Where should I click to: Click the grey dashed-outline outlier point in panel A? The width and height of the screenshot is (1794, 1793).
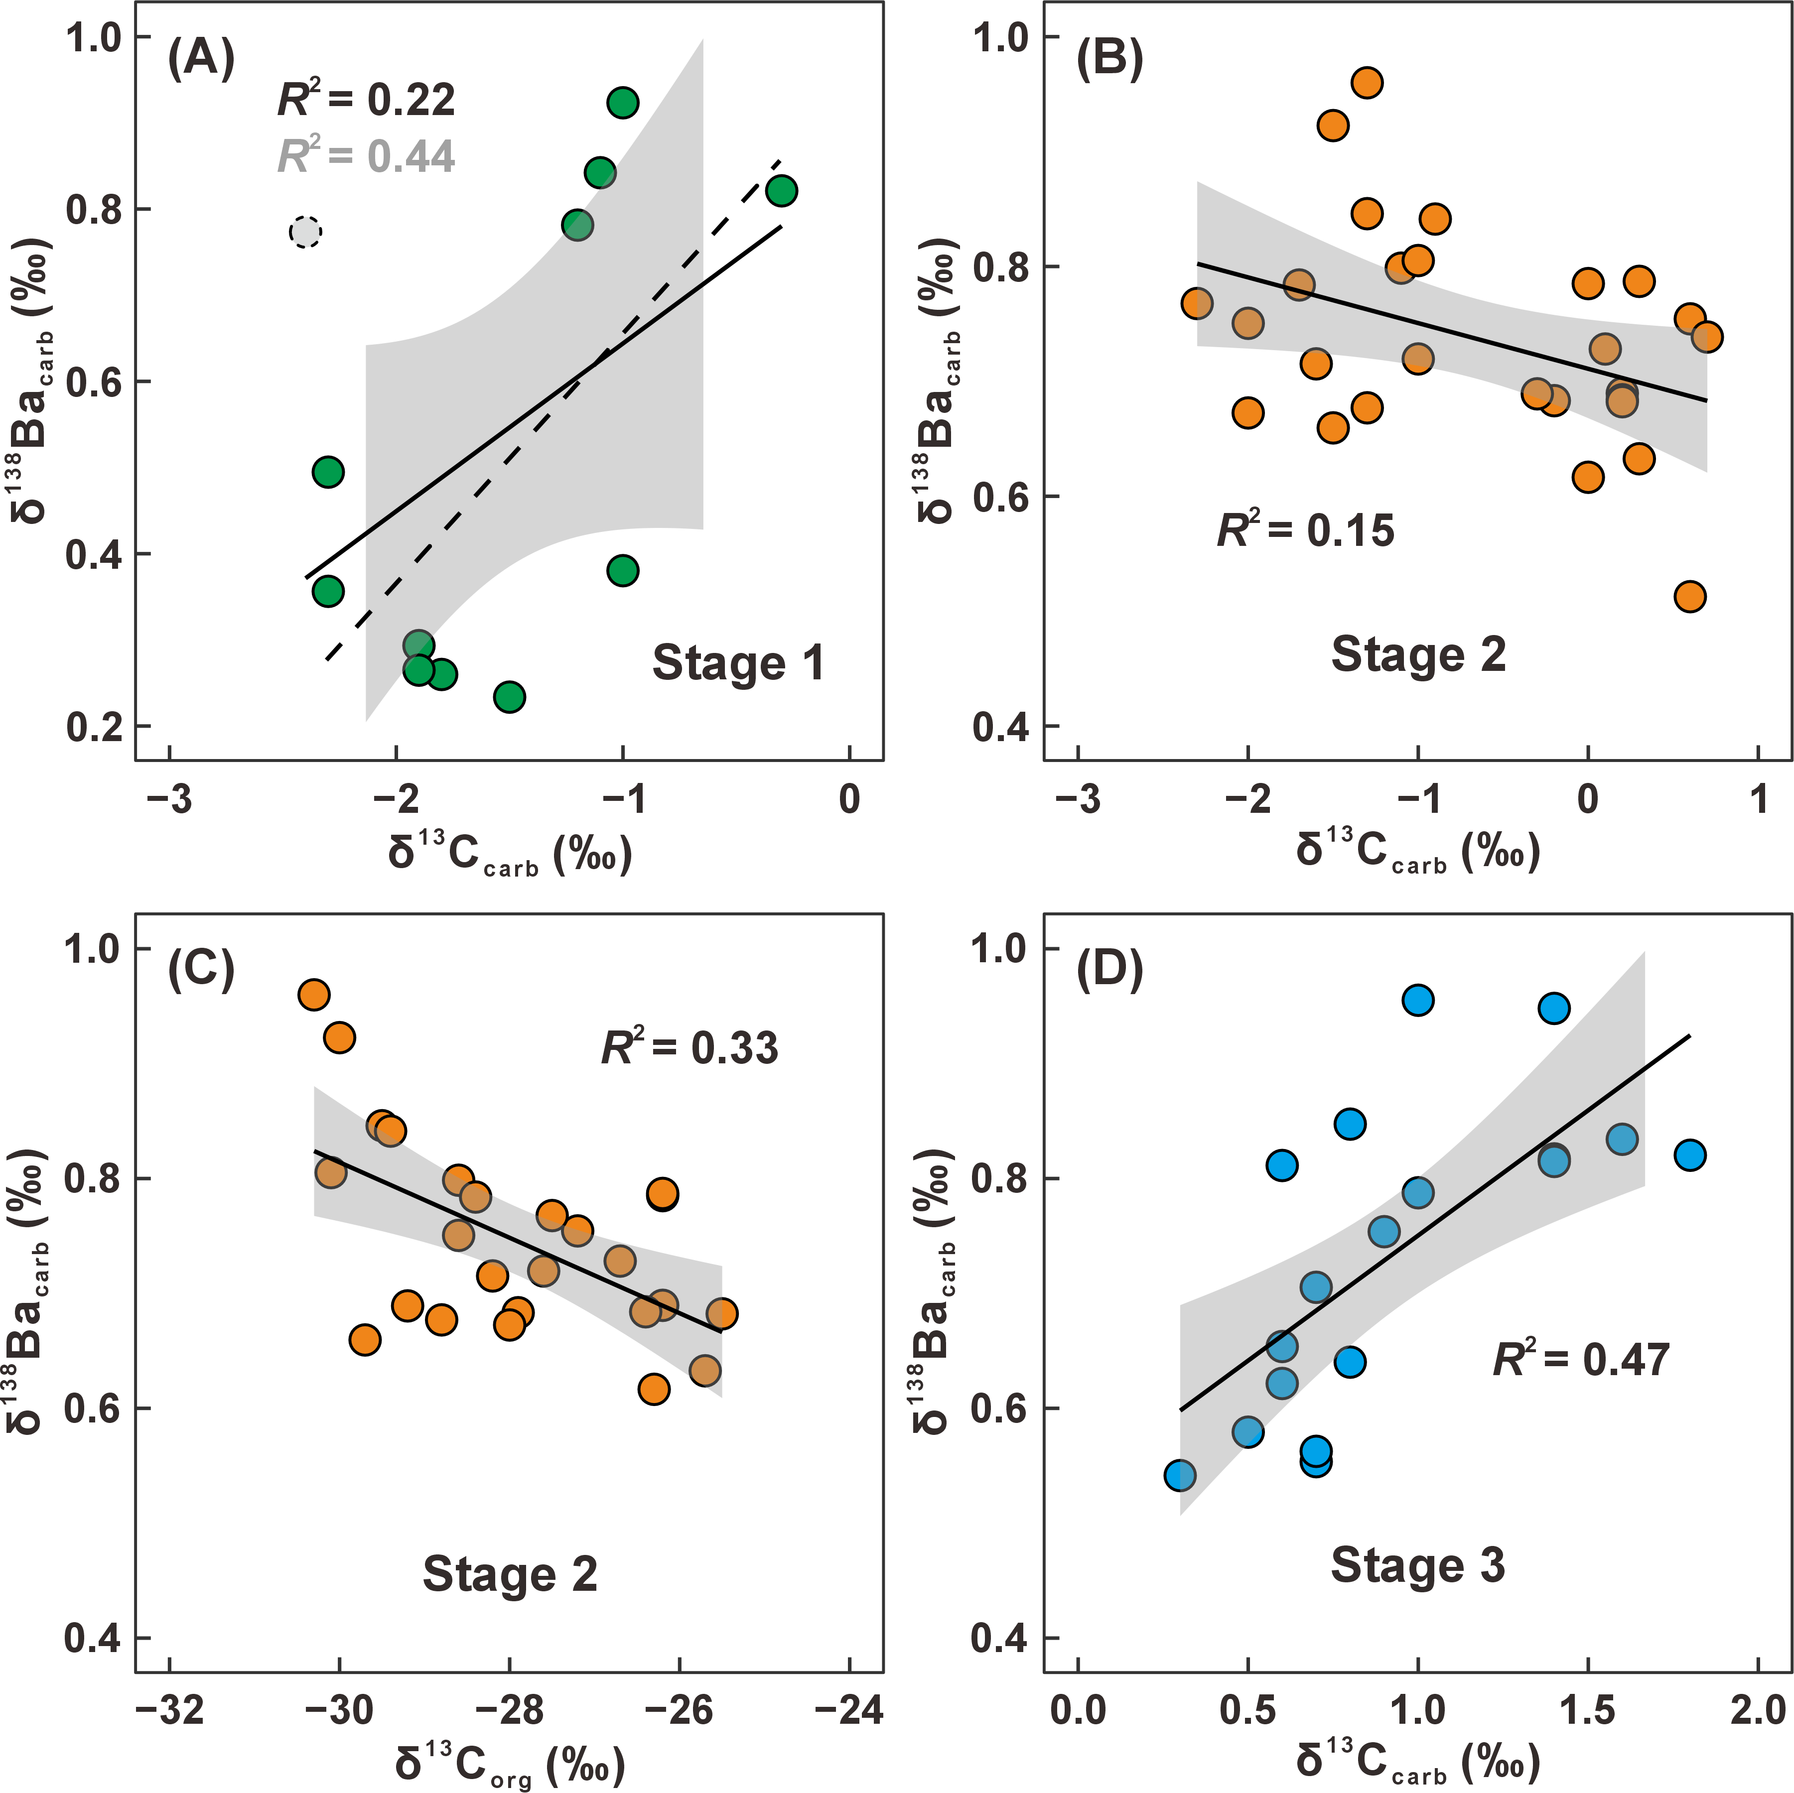(304, 231)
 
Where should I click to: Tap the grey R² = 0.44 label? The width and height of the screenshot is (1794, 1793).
(367, 155)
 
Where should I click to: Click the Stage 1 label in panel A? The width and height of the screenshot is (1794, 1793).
(738, 663)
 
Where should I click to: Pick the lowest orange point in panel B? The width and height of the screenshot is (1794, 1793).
(1690, 596)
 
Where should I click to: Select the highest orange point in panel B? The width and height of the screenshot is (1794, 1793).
(1367, 83)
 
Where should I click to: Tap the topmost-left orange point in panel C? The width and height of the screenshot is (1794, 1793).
(314, 995)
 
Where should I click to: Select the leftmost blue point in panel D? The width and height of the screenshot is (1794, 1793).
(1179, 1475)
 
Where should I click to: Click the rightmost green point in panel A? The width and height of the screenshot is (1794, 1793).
(782, 190)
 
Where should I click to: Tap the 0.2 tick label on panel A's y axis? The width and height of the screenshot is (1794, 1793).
(95, 727)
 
